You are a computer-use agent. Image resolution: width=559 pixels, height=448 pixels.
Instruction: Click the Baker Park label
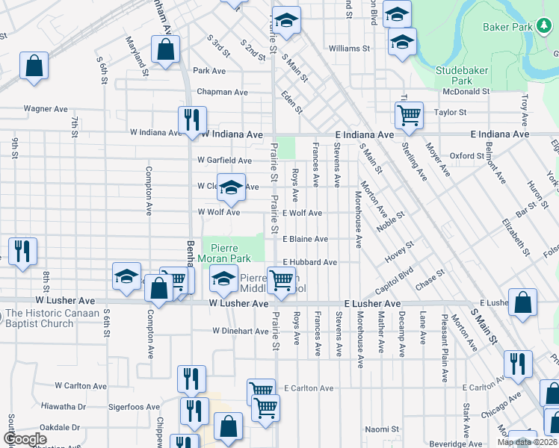click(513, 28)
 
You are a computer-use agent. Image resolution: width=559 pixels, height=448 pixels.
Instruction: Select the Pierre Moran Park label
click(229, 252)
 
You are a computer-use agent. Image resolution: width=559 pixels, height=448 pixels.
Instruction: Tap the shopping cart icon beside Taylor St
click(409, 114)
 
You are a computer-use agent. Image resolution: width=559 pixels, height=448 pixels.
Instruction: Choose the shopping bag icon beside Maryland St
click(165, 49)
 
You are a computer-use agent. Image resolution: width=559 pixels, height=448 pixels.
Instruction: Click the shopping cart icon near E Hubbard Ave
click(281, 280)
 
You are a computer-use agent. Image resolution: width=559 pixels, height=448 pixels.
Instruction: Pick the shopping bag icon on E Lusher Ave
click(523, 302)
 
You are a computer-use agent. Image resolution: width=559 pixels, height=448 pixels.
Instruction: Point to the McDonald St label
click(465, 91)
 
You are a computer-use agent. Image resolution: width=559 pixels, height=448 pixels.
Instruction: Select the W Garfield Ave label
click(224, 161)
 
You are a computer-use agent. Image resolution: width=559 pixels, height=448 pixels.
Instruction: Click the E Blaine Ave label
click(305, 239)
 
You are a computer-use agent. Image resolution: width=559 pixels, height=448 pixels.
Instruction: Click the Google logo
click(25, 439)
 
